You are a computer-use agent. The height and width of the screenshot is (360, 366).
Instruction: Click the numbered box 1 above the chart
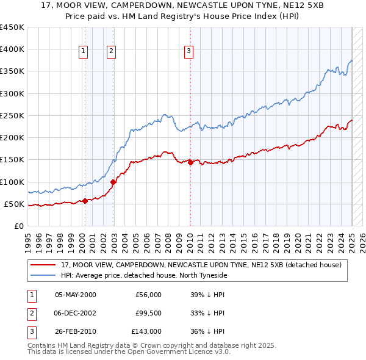click(83, 51)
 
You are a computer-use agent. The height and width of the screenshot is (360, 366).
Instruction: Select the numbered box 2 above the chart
click(111, 51)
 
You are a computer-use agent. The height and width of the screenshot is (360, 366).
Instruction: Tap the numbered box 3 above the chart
click(189, 51)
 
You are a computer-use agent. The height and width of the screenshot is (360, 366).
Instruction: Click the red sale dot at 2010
click(190, 162)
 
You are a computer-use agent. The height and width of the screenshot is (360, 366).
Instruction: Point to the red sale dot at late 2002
click(113, 182)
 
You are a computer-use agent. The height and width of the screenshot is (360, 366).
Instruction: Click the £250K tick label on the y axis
click(12, 115)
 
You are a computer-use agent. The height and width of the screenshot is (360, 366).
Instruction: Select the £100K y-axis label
click(12, 182)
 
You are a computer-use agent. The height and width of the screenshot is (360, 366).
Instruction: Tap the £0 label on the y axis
click(18, 226)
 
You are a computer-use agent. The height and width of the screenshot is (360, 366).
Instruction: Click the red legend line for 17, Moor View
click(43, 265)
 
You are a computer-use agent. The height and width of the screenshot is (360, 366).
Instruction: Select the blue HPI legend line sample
click(43, 275)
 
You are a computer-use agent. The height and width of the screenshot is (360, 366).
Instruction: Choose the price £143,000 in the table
click(146, 331)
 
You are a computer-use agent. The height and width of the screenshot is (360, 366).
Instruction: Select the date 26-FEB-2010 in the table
click(75, 331)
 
